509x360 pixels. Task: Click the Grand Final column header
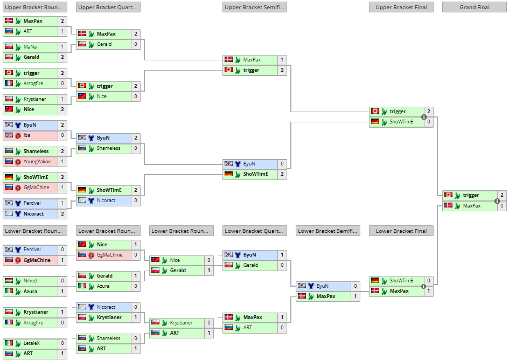tap(475, 8)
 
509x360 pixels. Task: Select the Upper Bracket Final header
tap(401, 8)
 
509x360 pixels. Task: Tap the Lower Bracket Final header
tap(401, 231)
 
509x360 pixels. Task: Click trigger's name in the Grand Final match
tap(471, 195)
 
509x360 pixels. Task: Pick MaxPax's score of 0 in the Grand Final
tap(502, 206)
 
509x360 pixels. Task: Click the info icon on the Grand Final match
tap(497, 200)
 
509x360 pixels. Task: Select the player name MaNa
tap(30, 47)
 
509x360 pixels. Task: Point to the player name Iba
tap(27, 135)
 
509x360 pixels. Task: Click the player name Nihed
tap(30, 281)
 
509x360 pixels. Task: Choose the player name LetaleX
tap(32, 343)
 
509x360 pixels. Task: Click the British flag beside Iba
tap(9, 135)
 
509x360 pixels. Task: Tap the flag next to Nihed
tap(9, 281)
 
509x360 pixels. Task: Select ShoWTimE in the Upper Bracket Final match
tap(401, 122)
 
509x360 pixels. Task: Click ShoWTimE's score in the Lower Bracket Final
tap(429, 281)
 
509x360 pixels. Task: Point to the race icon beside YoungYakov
tap(18, 162)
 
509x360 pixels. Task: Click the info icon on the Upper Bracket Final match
tap(424, 117)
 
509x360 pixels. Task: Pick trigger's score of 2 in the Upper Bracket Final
tap(429, 112)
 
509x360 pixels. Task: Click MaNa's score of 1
tap(62, 47)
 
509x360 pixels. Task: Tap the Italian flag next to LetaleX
tap(9, 343)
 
